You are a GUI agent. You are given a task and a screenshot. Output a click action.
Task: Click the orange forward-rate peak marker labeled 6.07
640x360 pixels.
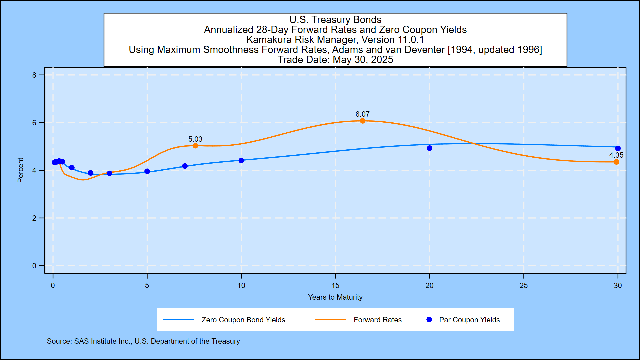(362, 121)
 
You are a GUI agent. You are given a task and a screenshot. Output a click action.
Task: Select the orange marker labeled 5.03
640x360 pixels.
(195, 146)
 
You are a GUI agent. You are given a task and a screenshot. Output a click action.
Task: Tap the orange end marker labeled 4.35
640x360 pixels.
(616, 162)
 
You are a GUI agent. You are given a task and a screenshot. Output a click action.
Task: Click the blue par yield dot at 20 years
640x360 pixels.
(430, 148)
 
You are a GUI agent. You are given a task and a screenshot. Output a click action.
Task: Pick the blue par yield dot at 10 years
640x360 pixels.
(241, 160)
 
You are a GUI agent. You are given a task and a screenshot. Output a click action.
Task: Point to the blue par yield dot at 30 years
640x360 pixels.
(618, 148)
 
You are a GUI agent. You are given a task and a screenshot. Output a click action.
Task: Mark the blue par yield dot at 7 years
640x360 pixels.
(185, 166)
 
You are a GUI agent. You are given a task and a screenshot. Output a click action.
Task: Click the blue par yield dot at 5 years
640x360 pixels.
(147, 171)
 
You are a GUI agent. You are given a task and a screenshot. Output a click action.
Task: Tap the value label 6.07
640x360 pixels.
(362, 114)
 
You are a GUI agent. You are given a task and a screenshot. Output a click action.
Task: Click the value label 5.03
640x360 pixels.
(195, 139)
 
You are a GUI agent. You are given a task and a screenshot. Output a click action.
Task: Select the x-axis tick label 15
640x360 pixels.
(335, 285)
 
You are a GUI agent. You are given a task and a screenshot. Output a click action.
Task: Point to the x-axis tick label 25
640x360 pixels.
(524, 285)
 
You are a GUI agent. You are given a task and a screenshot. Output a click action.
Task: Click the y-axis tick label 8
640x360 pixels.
(34, 75)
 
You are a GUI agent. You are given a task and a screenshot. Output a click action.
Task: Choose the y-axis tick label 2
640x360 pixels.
(34, 218)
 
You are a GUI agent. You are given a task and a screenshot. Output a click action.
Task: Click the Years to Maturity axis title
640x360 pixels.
(335, 297)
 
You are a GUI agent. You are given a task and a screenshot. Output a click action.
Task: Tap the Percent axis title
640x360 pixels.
(20, 170)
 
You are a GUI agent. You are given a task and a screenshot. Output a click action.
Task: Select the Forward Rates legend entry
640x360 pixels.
(377, 320)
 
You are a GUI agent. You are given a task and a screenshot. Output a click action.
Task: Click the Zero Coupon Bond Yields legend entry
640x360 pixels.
(243, 320)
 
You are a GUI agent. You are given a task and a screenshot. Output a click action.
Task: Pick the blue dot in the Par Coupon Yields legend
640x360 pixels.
(429, 320)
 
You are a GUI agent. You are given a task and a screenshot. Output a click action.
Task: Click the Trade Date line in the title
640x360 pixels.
(335, 60)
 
